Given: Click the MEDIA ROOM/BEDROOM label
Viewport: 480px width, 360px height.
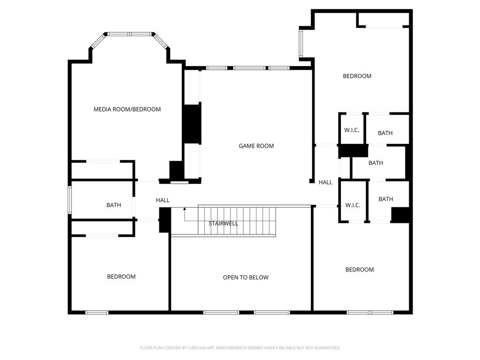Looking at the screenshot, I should (127, 109).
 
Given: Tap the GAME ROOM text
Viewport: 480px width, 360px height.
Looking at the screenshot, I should (256, 146).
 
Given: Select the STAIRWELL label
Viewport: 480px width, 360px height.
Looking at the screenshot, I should (223, 224).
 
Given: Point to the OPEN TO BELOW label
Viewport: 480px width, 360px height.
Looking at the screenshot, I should (246, 277).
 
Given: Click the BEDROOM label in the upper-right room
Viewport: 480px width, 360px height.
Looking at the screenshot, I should (357, 76).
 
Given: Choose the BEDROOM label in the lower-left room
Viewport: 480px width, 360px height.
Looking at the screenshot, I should (121, 277).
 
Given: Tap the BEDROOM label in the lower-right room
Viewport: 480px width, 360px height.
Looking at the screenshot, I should (359, 270).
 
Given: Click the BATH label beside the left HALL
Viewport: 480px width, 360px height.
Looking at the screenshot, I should (113, 205).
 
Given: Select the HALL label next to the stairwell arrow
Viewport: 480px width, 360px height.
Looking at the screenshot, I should (163, 200).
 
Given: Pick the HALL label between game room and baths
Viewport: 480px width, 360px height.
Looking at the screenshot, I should (325, 182).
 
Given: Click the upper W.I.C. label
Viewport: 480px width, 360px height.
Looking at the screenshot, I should (352, 130).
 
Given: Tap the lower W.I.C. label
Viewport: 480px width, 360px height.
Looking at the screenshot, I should (352, 205).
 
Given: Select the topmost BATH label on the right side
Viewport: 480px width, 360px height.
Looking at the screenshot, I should (385, 133).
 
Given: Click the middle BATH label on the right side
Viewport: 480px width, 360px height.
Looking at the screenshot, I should (375, 163).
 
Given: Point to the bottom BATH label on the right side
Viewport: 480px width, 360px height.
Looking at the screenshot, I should (385, 199).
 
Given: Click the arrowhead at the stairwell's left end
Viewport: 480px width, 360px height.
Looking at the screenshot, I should (185, 209).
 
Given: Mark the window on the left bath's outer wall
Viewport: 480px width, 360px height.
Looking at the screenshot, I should (69, 200).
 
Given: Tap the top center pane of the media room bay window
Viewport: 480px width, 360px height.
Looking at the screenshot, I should (129, 34).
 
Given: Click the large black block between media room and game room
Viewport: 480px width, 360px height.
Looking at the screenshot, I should (191, 124).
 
